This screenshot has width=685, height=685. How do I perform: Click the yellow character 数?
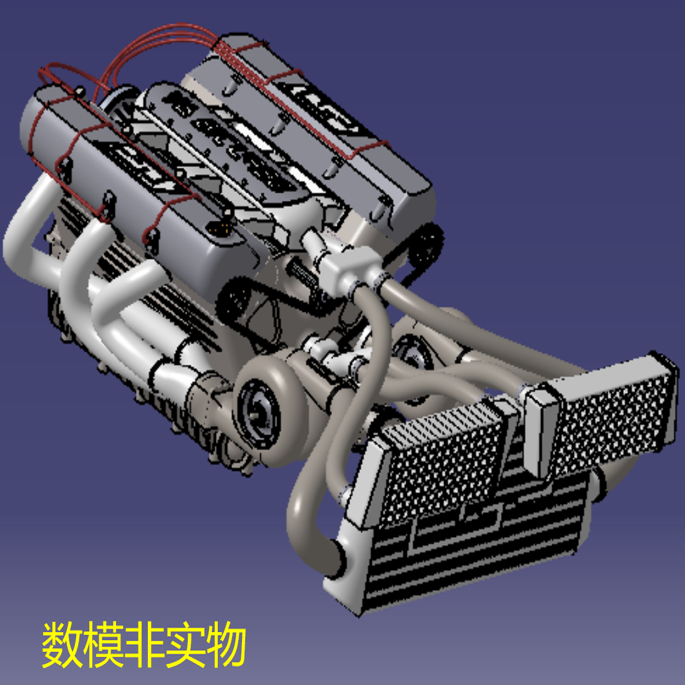pos(62,644)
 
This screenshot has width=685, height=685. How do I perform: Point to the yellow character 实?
pos(186,644)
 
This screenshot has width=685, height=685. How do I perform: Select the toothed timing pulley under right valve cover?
pos(429,245)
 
